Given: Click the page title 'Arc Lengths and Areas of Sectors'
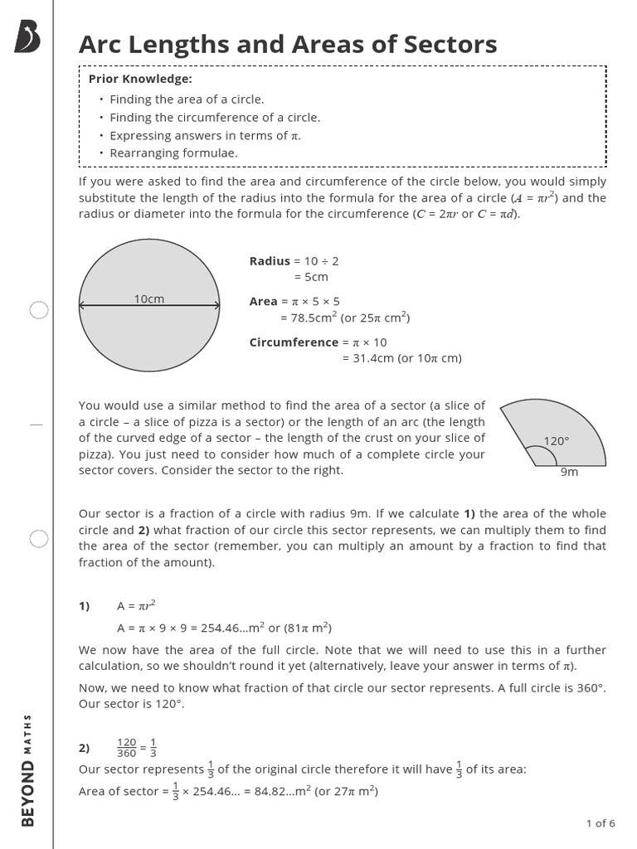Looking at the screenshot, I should click(x=288, y=44).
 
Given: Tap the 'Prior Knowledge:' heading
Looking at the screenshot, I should click(x=140, y=79).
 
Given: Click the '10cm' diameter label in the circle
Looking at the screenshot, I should click(x=149, y=298).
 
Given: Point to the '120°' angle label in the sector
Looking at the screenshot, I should click(x=557, y=441).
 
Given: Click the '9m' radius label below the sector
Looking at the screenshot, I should click(x=569, y=472).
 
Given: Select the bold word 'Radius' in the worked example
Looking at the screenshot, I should click(x=270, y=260).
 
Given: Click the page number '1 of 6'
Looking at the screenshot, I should click(x=601, y=823).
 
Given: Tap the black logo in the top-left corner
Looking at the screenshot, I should click(x=27, y=38).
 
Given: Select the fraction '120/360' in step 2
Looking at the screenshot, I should click(x=126, y=748).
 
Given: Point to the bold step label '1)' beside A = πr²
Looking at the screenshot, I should click(x=85, y=606).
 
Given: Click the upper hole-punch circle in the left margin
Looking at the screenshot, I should click(x=39, y=310).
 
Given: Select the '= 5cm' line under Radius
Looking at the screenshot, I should click(x=311, y=277).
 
